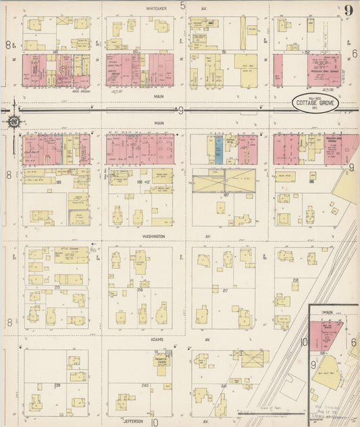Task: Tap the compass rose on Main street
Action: (x=14, y=122)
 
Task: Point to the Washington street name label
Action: (x=160, y=236)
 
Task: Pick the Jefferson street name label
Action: (x=133, y=421)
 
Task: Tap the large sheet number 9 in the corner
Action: (x=349, y=9)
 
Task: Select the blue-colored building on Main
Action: (x=219, y=149)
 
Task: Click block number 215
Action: (x=57, y=287)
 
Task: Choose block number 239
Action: (x=57, y=386)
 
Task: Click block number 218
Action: (x=295, y=280)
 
